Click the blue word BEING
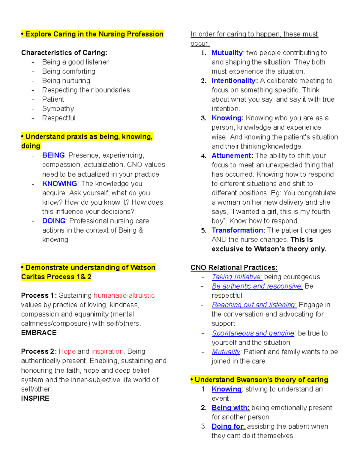tap(53, 155)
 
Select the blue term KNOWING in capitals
tap(59, 183)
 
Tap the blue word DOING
tap(54, 221)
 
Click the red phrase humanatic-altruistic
tap(124, 295)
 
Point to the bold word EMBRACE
tap(39, 333)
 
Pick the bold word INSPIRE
tap(35, 398)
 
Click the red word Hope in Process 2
tap(67, 351)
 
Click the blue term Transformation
tap(238, 230)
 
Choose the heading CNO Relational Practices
tap(234, 267)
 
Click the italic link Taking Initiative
tap(237, 277)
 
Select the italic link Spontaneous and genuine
tap(253, 333)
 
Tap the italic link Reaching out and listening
tap(254, 305)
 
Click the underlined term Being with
tap(230, 407)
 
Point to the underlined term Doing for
tap(228, 426)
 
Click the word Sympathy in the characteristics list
tap(58, 109)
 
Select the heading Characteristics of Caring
tap(64, 53)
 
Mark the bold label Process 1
tap(39, 295)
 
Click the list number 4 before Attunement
tap(203, 156)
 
